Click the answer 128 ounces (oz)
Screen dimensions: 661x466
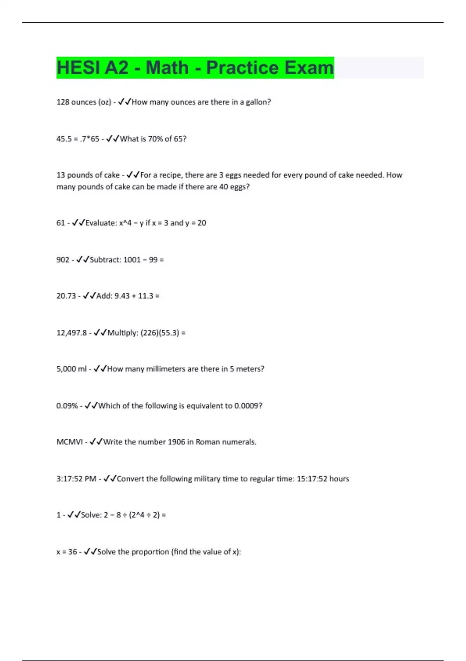[83, 102]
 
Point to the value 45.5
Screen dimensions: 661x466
[64, 139]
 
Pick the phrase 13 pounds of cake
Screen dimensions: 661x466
[88, 175]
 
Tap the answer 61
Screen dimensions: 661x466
[61, 223]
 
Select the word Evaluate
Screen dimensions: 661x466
[100, 223]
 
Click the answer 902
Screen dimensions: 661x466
[63, 259]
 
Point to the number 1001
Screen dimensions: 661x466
[132, 259]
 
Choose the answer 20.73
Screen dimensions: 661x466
[66, 296]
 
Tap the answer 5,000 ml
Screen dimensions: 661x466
[71, 369]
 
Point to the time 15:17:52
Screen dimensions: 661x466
[312, 479]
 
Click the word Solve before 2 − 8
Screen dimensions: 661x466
[91, 515]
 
